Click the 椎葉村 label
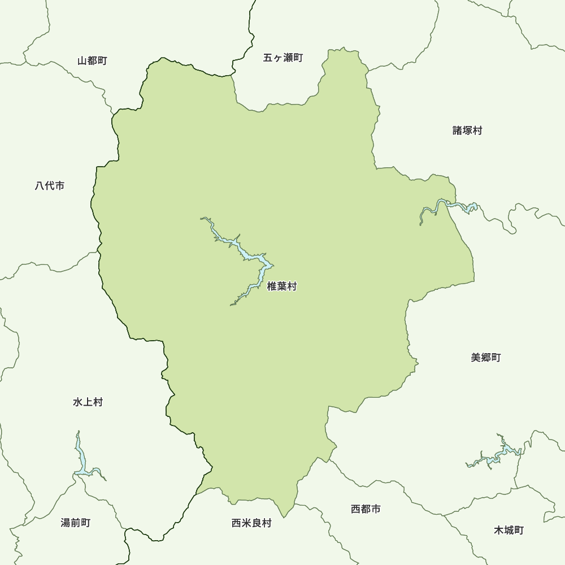pyautogui.click(x=281, y=287)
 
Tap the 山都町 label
pyautogui.click(x=92, y=60)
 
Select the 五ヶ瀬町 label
pyautogui.click(x=283, y=58)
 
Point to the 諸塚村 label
pyautogui.click(x=467, y=131)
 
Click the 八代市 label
pyautogui.click(x=49, y=185)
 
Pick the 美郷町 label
pyautogui.click(x=485, y=358)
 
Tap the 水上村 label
pyautogui.click(x=88, y=402)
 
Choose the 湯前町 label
pyautogui.click(x=75, y=523)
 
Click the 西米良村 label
pyautogui.click(x=251, y=523)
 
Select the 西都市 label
pyautogui.click(x=366, y=509)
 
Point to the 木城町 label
pyautogui.click(x=508, y=530)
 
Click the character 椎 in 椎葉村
pyautogui.click(x=272, y=287)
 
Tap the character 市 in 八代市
pyautogui.click(x=59, y=185)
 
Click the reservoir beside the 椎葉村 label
pyautogui.click(x=249, y=257)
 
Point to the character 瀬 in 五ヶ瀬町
pyautogui.click(x=288, y=58)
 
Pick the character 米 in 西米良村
pyautogui.click(x=246, y=523)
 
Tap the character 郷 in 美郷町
pyautogui.click(x=485, y=358)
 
